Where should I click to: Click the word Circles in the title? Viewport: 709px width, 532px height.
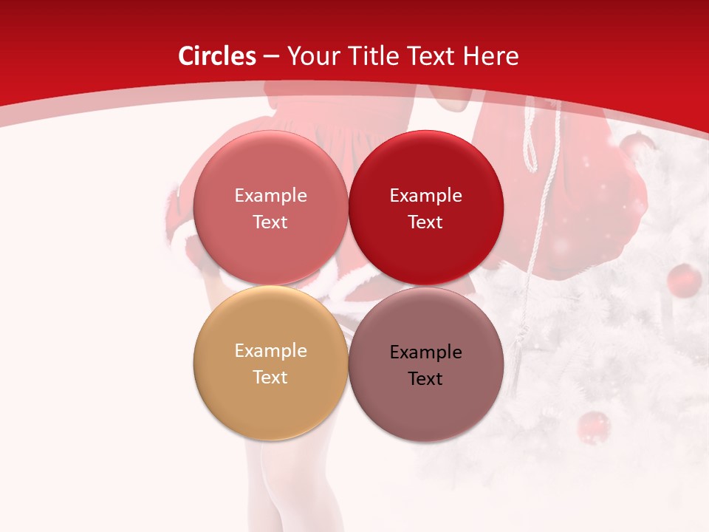(216, 56)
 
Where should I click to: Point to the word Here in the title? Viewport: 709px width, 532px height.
(491, 56)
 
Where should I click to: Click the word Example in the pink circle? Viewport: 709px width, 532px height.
(270, 195)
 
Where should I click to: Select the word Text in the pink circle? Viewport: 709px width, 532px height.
(270, 222)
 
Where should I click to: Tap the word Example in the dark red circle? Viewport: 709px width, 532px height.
(425, 195)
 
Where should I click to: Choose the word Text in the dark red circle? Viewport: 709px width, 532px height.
(425, 222)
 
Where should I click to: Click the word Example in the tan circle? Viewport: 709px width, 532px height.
(270, 350)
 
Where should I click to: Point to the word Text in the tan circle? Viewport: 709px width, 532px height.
(270, 377)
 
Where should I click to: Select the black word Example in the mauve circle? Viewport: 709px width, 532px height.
(425, 352)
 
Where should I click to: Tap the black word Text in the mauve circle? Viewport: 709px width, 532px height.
(425, 378)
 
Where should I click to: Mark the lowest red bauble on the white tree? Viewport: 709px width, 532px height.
(593, 427)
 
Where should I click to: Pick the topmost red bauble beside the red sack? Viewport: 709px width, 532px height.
(634, 146)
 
